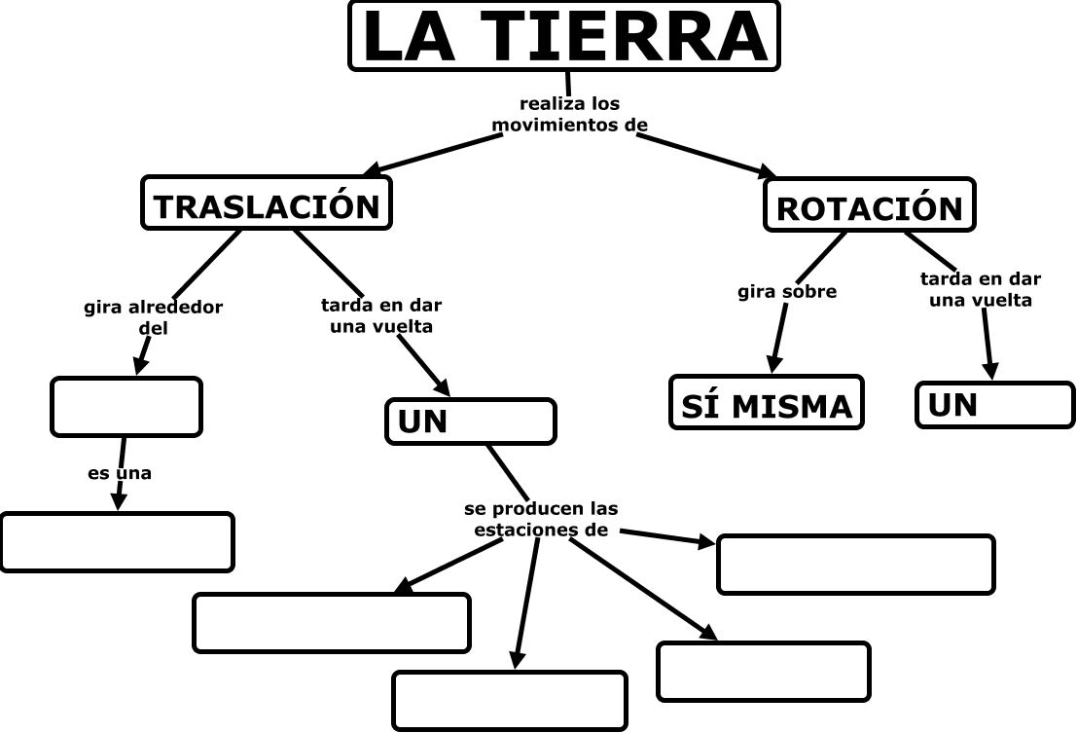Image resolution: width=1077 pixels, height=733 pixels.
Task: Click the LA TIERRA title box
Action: (x=563, y=36)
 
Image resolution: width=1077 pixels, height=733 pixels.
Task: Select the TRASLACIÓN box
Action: (x=266, y=203)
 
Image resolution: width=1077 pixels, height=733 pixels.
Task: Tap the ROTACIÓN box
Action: (x=869, y=205)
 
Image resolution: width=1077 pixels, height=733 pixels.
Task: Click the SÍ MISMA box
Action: (x=766, y=403)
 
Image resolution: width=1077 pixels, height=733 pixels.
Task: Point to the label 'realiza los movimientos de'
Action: (x=569, y=114)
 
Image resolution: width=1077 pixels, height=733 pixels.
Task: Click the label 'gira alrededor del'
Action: (x=154, y=317)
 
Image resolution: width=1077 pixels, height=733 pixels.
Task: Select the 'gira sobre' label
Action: (x=787, y=291)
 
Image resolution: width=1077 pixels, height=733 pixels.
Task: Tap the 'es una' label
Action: (x=120, y=474)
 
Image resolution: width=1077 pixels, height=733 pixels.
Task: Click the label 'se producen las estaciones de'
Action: (x=540, y=519)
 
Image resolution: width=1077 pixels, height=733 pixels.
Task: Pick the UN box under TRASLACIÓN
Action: (x=470, y=421)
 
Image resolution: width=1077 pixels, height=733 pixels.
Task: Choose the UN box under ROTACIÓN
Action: (x=994, y=404)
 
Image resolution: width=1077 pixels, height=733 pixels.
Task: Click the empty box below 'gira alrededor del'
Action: (x=126, y=406)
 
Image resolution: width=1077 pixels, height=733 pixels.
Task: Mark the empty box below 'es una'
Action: (x=117, y=541)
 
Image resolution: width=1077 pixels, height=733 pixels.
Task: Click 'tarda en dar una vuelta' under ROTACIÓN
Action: (x=980, y=289)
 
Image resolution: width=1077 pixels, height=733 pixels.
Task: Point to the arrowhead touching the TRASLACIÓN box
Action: (x=372, y=170)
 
